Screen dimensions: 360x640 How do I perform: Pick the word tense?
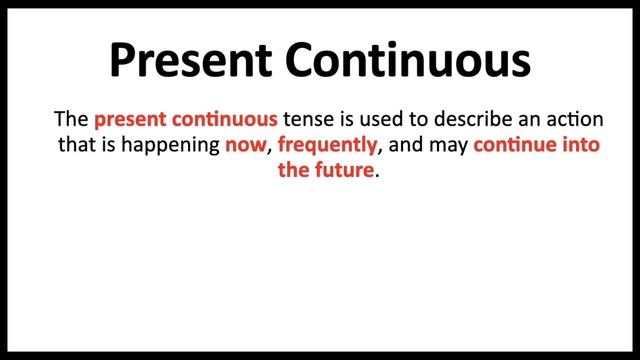(305, 119)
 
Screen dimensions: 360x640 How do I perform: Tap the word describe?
(446, 119)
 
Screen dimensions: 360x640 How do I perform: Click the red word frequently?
(328, 145)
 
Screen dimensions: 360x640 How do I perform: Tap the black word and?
(404, 145)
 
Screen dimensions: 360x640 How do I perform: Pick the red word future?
(345, 170)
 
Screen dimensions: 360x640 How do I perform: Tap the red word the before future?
(295, 170)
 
